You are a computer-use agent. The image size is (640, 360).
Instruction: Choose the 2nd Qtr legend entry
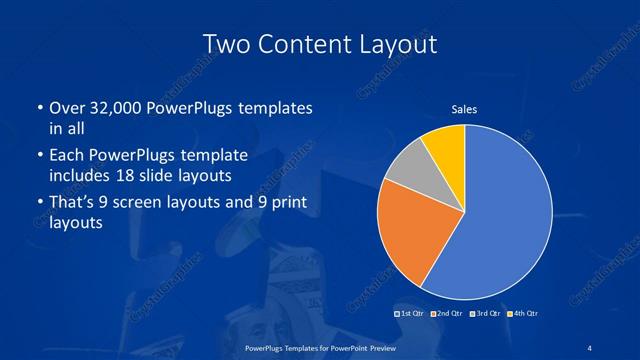448,314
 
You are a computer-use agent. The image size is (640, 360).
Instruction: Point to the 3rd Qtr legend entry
485,314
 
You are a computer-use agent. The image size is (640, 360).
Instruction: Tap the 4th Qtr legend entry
523,314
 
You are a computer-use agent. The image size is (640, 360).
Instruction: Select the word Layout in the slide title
397,45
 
